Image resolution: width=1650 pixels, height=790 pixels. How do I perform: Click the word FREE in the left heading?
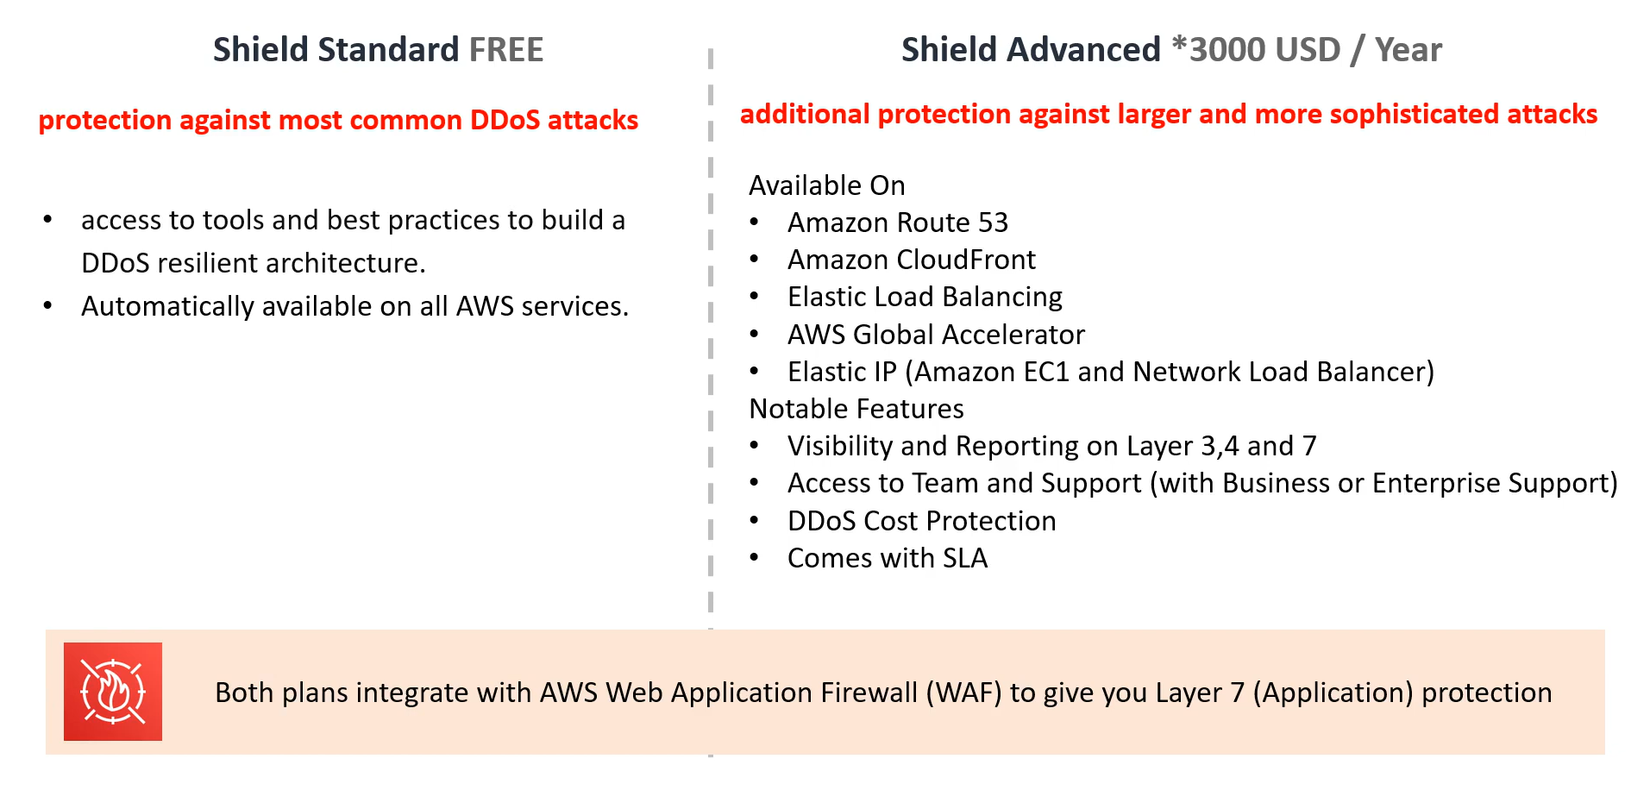506,50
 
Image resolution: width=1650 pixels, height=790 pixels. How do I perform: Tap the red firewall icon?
113,692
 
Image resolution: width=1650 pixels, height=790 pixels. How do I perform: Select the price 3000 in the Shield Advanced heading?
1222,50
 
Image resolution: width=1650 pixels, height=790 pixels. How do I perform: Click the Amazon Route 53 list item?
898,223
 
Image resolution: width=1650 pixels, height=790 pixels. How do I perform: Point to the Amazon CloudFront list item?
912,260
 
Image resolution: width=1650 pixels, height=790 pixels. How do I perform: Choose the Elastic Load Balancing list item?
925,298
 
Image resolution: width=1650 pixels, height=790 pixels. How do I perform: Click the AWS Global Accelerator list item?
936,335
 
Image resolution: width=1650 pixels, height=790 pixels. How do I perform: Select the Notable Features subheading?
856,409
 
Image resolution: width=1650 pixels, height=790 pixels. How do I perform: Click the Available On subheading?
827,185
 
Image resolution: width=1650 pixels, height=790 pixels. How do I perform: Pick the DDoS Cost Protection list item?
922,521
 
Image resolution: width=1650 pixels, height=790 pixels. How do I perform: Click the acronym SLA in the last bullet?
965,558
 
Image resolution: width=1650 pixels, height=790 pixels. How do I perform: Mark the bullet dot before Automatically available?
48,306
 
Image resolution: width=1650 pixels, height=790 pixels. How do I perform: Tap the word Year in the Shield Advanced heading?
1408,50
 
